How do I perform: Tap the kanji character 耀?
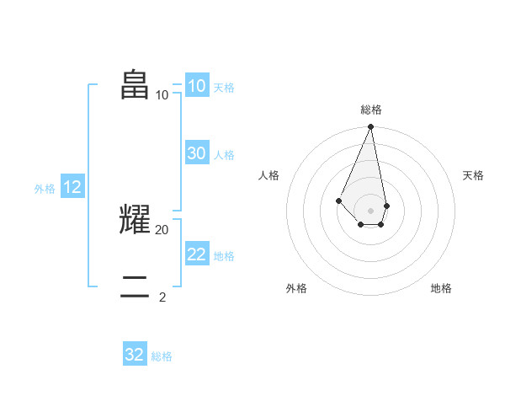pyautogui.click(x=136, y=219)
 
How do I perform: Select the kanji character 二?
pyautogui.click(x=136, y=286)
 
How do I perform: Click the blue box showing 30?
pyautogui.click(x=197, y=153)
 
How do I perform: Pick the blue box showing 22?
pyautogui.click(x=197, y=254)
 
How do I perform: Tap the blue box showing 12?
pyautogui.click(x=72, y=187)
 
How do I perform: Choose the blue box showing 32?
pyautogui.click(x=135, y=355)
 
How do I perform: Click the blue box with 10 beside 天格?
pyautogui.click(x=197, y=85)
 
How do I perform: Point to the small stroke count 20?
pyautogui.click(x=162, y=229)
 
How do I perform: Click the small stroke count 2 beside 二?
pyautogui.click(x=162, y=297)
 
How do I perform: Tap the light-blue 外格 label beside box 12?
pyautogui.click(x=45, y=189)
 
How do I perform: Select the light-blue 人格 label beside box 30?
pyautogui.click(x=224, y=155)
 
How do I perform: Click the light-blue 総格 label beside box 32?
pyautogui.click(x=162, y=356)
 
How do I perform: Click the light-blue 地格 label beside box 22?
pyautogui.click(x=224, y=256)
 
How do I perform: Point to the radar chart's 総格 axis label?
pyautogui.click(x=371, y=110)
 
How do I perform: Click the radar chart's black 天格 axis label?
pyautogui.click(x=474, y=175)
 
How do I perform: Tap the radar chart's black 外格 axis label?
pyautogui.click(x=296, y=288)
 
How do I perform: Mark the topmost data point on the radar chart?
pyautogui.click(x=371, y=127)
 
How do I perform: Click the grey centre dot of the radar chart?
pyautogui.click(x=371, y=210)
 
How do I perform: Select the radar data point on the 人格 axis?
pyautogui.click(x=338, y=201)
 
